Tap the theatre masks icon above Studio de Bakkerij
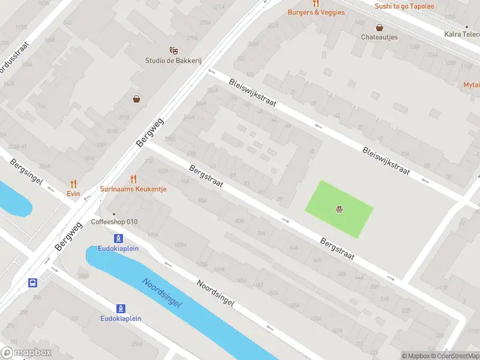pyautogui.click(x=173, y=50)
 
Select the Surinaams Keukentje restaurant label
pyautogui.click(x=133, y=189)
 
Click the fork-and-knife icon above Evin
pyautogui.click(x=73, y=184)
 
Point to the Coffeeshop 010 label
pyautogui.click(x=115, y=222)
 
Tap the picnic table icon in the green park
pyautogui.click(x=339, y=209)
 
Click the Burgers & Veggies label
pyautogui.click(x=316, y=12)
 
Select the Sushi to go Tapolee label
pyautogui.click(x=404, y=7)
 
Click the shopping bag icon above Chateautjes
pyautogui.click(x=379, y=28)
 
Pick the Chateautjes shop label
pyautogui.click(x=379, y=37)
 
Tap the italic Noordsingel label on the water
pyautogui.click(x=162, y=292)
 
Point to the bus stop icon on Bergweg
pyautogui.click(x=32, y=283)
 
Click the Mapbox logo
pyautogui.click(x=25, y=353)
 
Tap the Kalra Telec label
pyautogui.click(x=461, y=34)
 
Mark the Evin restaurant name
pyautogui.click(x=73, y=193)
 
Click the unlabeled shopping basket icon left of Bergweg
pyautogui.click(x=137, y=99)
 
